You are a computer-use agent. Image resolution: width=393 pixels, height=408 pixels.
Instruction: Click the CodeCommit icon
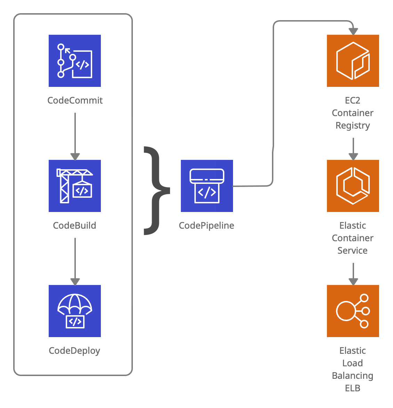coord(75,61)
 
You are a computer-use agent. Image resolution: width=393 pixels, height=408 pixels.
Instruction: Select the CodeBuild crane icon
coord(75,186)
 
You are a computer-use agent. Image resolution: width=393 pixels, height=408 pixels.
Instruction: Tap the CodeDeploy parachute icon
coord(75,311)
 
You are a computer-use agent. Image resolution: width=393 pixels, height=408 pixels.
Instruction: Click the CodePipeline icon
coord(207,186)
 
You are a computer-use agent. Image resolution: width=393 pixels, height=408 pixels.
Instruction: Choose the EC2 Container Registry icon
coord(353,61)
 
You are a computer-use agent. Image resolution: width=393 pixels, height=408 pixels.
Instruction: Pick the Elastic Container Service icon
coord(353,186)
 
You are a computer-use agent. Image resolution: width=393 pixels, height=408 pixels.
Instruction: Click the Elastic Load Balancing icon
coord(353,311)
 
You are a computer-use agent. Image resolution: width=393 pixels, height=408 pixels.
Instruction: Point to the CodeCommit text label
coord(75,100)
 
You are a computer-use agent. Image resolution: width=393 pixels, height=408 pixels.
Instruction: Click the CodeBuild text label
coord(74,226)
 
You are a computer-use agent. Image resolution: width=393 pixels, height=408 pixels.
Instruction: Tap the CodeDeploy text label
coord(74,351)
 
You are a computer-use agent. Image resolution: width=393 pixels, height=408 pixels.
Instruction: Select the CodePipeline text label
coord(206,226)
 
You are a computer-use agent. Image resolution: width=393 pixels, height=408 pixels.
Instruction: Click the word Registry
coord(353,125)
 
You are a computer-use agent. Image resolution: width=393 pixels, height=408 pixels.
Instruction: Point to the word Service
coord(353,251)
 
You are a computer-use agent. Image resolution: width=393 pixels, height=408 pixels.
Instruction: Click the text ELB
coord(353,388)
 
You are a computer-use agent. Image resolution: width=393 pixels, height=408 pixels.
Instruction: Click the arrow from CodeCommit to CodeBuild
coord(75,136)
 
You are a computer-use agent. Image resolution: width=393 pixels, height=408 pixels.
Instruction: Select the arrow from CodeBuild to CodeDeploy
coord(75,261)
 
